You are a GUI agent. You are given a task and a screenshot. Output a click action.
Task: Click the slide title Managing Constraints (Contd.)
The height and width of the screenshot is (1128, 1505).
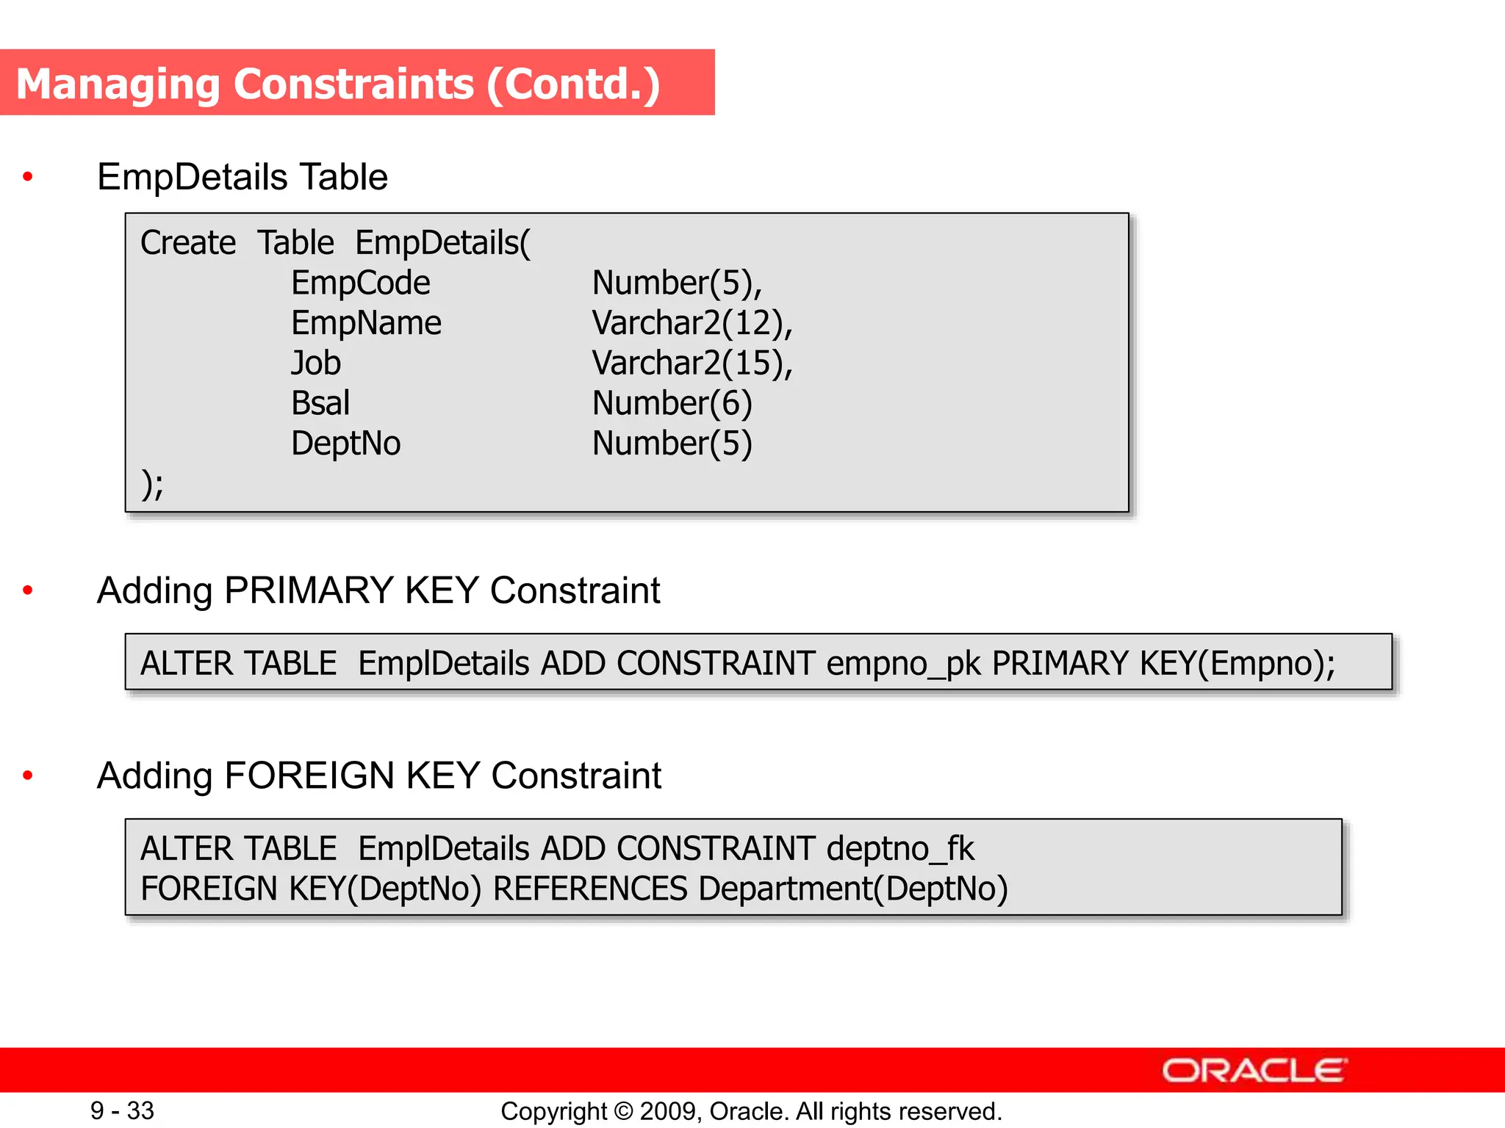[x=338, y=84]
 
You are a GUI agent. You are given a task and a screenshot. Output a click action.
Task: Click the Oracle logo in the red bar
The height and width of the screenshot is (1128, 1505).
[x=1254, y=1071]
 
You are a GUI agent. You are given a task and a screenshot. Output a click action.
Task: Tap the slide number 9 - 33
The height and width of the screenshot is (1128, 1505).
[x=122, y=1110]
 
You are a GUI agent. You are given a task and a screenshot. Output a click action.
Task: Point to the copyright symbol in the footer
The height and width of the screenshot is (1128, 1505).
[x=623, y=1111]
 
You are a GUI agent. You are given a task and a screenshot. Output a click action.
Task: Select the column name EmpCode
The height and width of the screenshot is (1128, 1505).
[x=360, y=283]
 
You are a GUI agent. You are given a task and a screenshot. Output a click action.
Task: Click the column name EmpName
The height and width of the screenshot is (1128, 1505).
[x=366, y=323]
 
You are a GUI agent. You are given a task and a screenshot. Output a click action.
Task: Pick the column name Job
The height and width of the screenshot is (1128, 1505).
[x=316, y=363]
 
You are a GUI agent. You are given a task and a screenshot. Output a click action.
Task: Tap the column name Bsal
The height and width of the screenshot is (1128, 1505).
[x=320, y=403]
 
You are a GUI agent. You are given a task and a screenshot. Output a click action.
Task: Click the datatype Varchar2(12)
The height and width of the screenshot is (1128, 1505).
[x=692, y=323]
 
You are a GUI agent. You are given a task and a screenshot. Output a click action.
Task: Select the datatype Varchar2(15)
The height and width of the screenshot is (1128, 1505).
[x=692, y=363]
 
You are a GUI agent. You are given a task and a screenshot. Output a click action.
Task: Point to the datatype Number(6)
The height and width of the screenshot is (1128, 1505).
[x=672, y=403]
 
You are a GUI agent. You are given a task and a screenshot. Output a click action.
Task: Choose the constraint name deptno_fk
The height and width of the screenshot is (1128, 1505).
[x=900, y=849]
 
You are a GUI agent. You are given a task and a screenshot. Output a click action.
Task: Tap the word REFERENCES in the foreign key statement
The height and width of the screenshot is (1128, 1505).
[x=590, y=889]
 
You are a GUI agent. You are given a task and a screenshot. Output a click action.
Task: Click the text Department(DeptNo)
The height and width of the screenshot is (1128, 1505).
[x=852, y=889]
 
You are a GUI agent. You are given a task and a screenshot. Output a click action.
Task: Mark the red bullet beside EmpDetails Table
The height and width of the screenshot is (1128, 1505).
[x=28, y=176]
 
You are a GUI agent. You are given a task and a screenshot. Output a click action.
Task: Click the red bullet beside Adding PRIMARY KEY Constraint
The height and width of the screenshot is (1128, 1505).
[x=28, y=590]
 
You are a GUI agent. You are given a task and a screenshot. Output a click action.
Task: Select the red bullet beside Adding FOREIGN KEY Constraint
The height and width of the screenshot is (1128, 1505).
[x=28, y=775]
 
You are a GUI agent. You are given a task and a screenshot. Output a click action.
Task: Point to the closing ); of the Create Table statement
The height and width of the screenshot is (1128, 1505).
[x=152, y=484]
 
